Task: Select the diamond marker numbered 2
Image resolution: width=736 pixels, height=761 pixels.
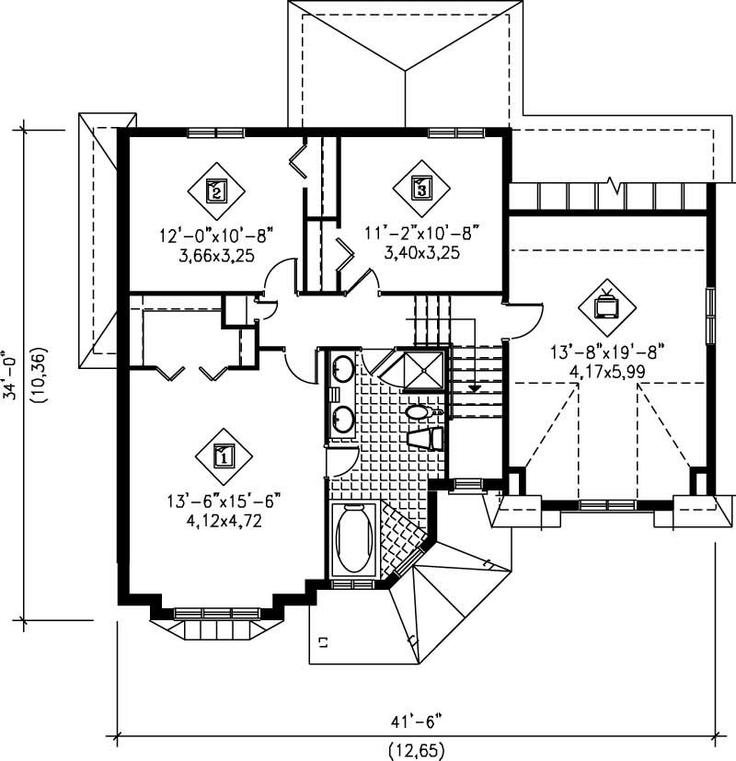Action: click(x=215, y=190)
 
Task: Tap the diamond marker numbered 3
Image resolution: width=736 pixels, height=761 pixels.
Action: click(x=420, y=189)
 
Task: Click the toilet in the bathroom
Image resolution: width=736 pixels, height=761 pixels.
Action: click(x=421, y=413)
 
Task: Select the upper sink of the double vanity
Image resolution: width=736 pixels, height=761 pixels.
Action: click(x=342, y=369)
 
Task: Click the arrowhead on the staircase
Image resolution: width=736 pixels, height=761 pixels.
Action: click(x=474, y=387)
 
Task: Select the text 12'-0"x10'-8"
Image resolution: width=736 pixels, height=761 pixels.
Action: click(x=214, y=235)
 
